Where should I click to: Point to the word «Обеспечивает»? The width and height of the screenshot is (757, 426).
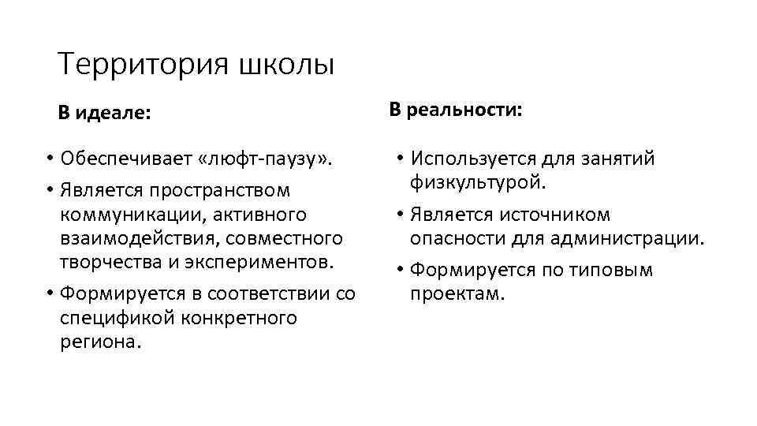coord(125,160)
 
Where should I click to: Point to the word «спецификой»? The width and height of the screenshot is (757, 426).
coord(110,318)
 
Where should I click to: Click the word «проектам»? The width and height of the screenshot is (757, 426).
coord(457,294)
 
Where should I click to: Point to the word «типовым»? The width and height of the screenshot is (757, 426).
coord(607,271)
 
